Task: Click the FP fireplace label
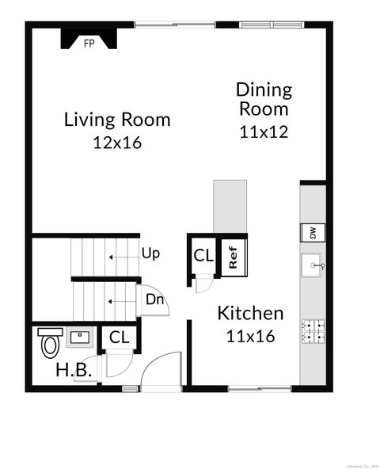point(89,44)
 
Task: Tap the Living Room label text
point(117,120)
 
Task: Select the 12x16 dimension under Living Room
point(117,143)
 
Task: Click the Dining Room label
point(264,99)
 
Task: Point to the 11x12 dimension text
point(264,132)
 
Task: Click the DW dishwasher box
point(313,233)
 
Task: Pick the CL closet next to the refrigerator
point(203,256)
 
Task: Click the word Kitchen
point(250,313)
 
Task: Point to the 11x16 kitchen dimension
point(250,337)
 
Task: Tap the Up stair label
point(150,254)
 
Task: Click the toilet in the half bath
point(50,343)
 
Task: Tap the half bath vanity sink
point(79,337)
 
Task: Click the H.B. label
point(74,370)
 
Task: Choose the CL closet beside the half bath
point(119,337)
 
